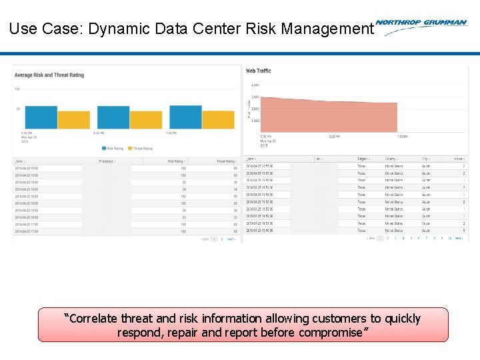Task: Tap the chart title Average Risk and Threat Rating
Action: click(49, 75)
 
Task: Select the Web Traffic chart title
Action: click(259, 71)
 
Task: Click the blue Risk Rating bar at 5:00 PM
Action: click(41, 117)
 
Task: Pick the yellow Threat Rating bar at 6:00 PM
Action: click(146, 120)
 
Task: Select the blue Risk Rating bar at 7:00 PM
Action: click(185, 117)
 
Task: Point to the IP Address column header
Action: click(107, 161)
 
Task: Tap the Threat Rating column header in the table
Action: click(225, 161)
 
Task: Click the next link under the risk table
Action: click(231, 239)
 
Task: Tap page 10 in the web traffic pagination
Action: click(449, 237)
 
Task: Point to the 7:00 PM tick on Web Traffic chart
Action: click(402, 137)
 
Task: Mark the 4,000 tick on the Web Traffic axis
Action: click(255, 85)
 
